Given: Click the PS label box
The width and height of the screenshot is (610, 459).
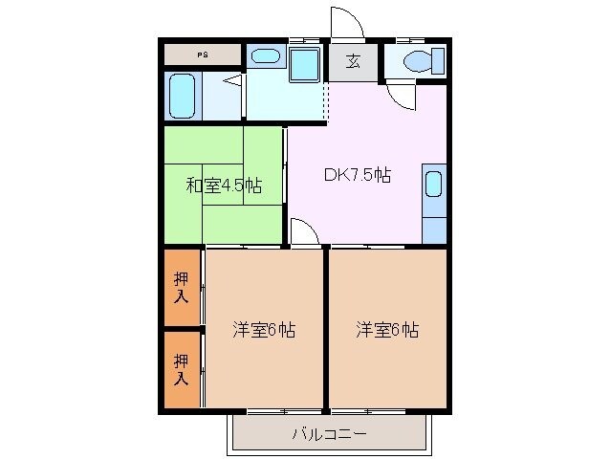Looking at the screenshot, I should pos(202,55).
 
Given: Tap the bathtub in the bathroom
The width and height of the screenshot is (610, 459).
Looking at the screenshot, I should pos(182,96).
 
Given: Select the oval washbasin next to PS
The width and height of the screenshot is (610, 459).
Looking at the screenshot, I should pos(263,56).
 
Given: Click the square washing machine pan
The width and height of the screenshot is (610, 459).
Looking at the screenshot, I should pos(306,65).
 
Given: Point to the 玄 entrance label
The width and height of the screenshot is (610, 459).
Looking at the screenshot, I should pos(353,62).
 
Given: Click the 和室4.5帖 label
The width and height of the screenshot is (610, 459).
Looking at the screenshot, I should pos(223,184).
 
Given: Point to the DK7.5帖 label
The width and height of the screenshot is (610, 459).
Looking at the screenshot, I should pos(357,175).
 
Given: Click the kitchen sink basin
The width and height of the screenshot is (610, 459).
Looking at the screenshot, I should pos(433,183).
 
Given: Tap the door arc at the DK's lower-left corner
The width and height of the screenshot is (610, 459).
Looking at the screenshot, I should pos(302,232).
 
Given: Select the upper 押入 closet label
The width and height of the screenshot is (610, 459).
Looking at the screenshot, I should pos(182,287).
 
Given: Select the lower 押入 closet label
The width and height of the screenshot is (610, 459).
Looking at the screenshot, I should pos(182,368).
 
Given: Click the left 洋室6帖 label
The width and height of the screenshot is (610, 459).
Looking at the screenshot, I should pos(264,330).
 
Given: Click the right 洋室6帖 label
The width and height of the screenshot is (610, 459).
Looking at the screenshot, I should pos(387,330).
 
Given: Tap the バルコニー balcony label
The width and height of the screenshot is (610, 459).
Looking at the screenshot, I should pos(328,435).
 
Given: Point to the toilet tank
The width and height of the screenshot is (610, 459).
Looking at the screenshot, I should pos(439,62).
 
